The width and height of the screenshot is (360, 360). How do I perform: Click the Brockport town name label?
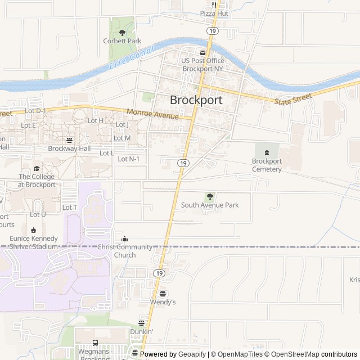[x=196, y=100]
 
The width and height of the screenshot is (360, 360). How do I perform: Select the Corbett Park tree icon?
[x=122, y=33]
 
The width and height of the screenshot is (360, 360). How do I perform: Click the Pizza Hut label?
[x=214, y=13]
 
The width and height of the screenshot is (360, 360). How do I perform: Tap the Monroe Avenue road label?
[x=152, y=114]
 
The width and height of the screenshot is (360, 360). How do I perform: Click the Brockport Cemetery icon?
[x=267, y=152]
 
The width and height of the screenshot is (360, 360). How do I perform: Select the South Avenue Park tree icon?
[x=210, y=196]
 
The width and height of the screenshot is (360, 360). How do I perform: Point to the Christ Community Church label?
[x=125, y=251]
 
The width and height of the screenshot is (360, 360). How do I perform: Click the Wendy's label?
[x=163, y=302]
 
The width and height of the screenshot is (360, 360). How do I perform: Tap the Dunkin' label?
[x=141, y=332]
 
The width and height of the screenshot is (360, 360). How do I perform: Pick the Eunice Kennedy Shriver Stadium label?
[x=34, y=242]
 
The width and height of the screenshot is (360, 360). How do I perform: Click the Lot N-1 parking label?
[x=129, y=159]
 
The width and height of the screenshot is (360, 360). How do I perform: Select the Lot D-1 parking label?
[x=36, y=111]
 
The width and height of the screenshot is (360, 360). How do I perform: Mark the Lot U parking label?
[x=38, y=214]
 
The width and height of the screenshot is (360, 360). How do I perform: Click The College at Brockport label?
[x=37, y=181]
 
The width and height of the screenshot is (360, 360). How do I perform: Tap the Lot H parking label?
[x=96, y=120]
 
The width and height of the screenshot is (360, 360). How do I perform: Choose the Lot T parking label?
[x=70, y=208]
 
